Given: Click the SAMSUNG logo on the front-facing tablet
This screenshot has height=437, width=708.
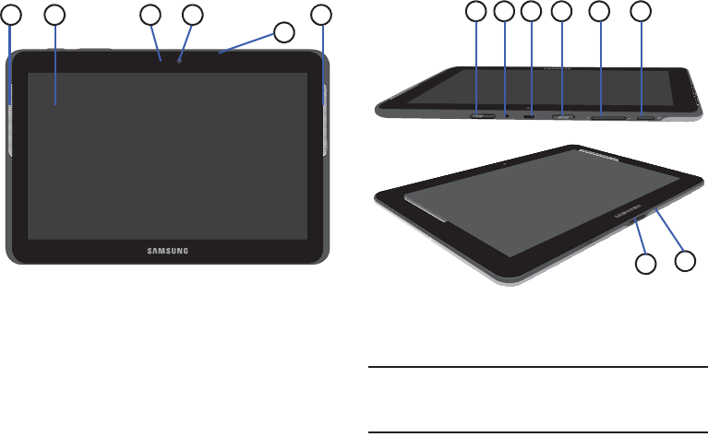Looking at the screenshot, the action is pyautogui.click(x=169, y=249).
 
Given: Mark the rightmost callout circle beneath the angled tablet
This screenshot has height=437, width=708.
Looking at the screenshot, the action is pyautogui.click(x=685, y=260).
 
